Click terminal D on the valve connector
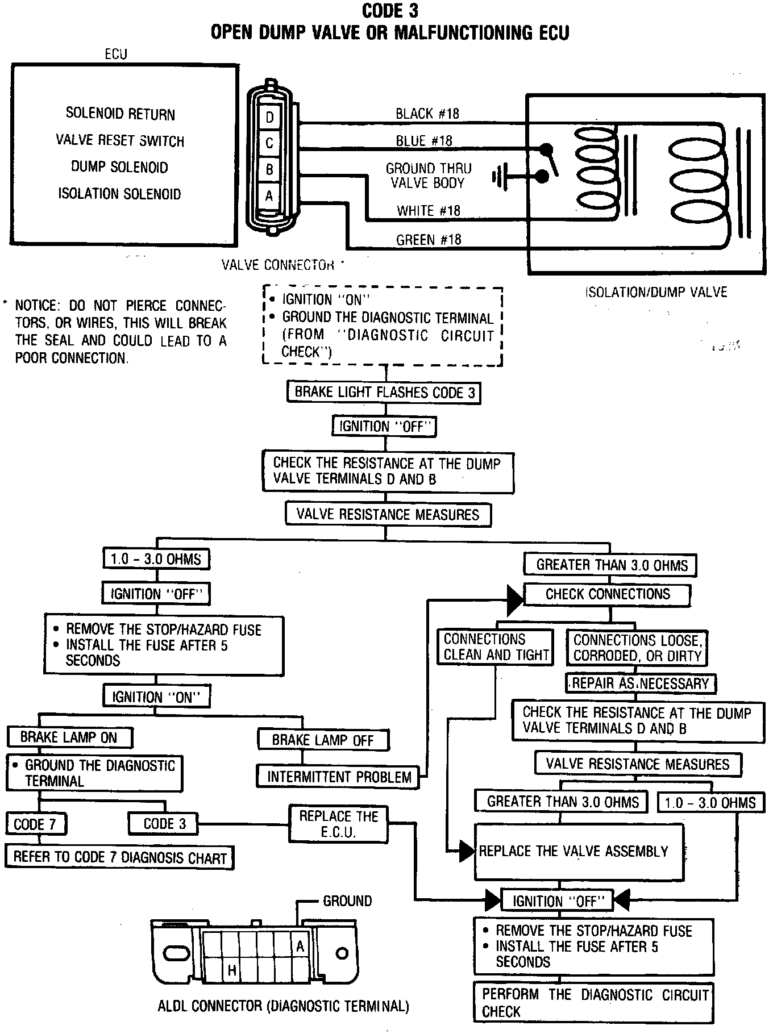click(269, 118)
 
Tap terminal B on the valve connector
click(269, 169)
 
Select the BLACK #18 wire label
click(427, 114)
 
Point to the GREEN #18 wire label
click(429, 240)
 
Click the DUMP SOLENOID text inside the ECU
click(119, 167)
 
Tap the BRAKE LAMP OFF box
click(323, 740)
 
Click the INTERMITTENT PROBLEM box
click(339, 777)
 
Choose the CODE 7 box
click(35, 824)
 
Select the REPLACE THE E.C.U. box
click(339, 824)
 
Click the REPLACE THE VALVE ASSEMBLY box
click(579, 851)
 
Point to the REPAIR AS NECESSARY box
click(641, 683)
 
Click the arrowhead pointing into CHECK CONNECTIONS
click(515, 601)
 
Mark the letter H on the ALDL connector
click(232, 970)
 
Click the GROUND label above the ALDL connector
click(347, 901)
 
